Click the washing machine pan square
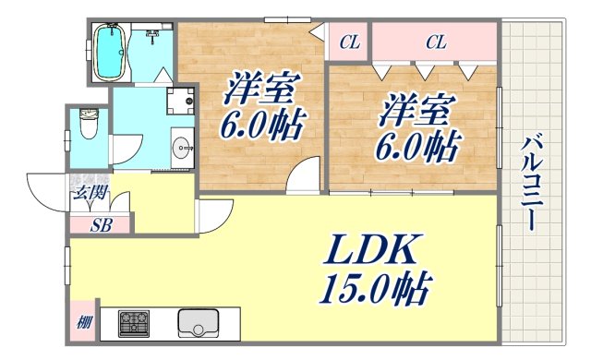[181, 100]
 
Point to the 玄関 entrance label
[88, 194]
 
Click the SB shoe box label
[102, 223]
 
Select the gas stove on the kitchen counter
[135, 324]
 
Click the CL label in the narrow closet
[347, 42]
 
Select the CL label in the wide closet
[436, 42]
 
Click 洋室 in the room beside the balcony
[414, 111]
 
